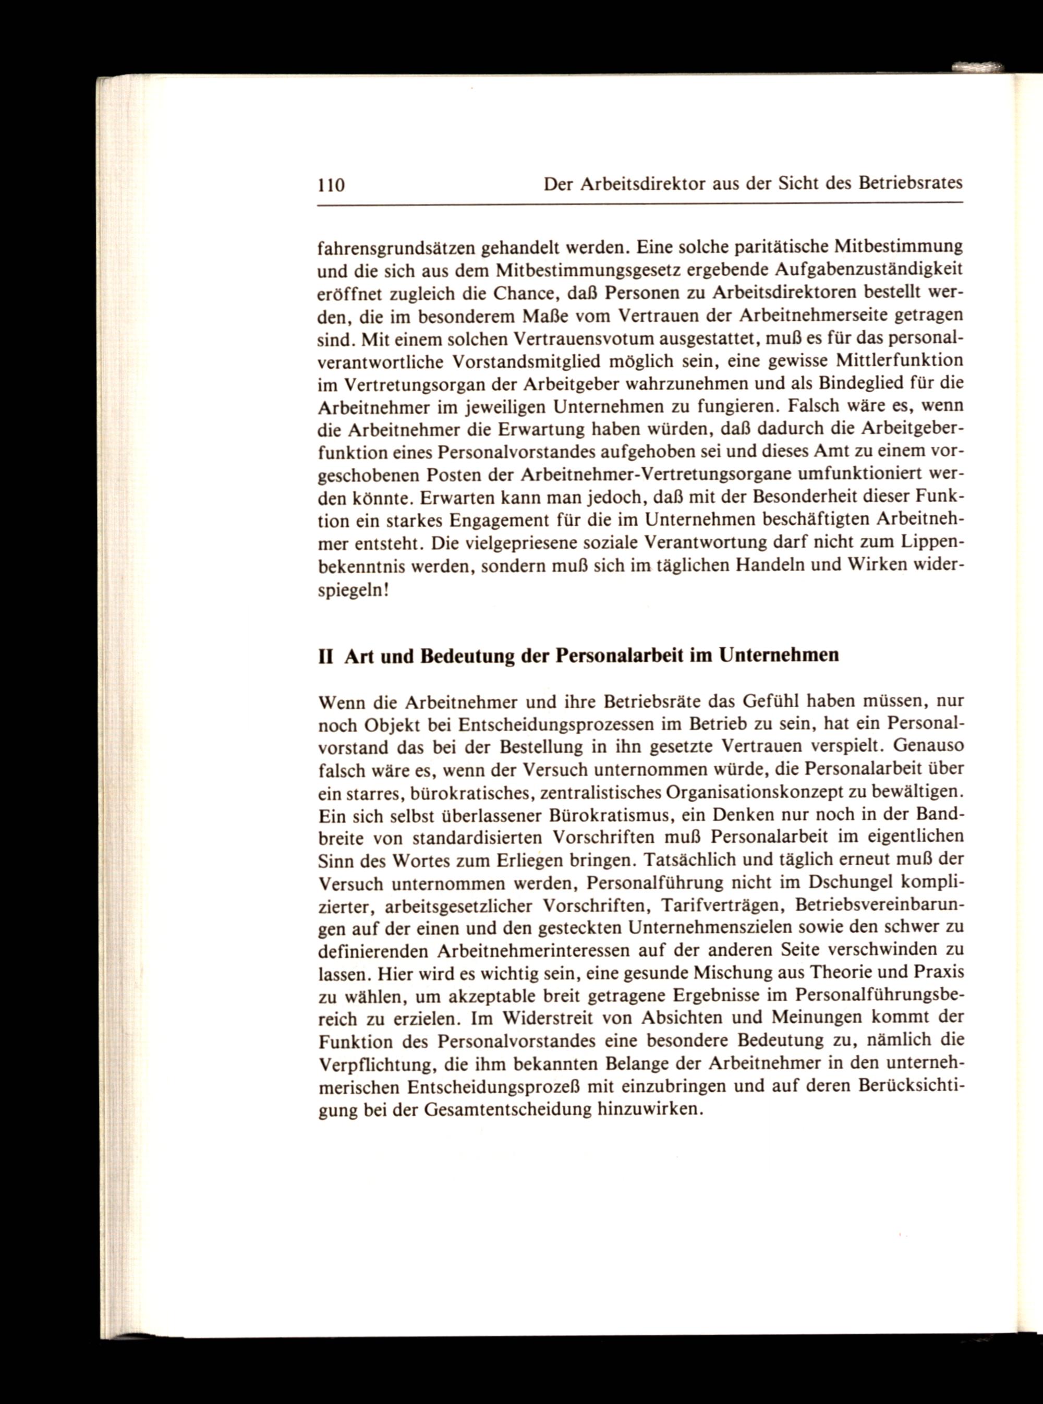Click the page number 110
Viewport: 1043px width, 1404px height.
coord(331,185)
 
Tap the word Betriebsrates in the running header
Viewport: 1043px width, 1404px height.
coord(910,183)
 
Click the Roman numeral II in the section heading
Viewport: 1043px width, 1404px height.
coord(326,656)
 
